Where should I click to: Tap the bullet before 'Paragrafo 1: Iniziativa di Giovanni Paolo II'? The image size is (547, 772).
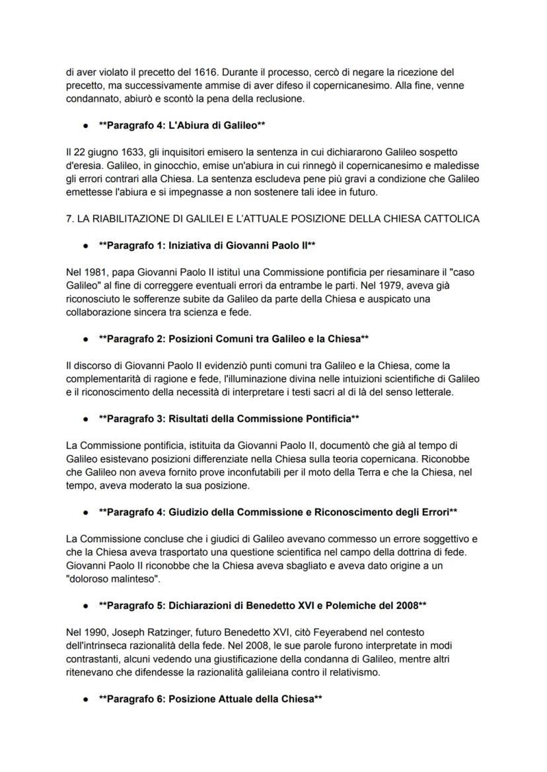pyautogui.click(x=86, y=246)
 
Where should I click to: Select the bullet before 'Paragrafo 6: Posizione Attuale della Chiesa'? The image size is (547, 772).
pyautogui.click(x=86, y=699)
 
